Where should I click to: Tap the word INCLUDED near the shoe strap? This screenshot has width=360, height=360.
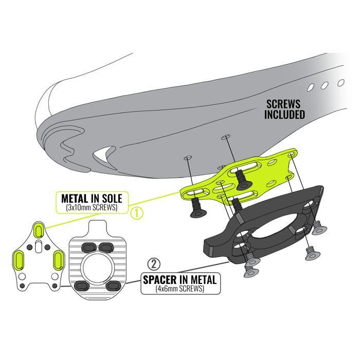(x=284, y=114)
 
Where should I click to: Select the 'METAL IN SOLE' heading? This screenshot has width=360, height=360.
(x=91, y=198)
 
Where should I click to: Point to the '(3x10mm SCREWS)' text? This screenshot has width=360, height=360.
(x=91, y=207)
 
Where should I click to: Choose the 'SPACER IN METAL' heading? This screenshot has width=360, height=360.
(x=179, y=280)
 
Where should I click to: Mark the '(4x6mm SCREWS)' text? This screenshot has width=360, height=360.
(x=179, y=289)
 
